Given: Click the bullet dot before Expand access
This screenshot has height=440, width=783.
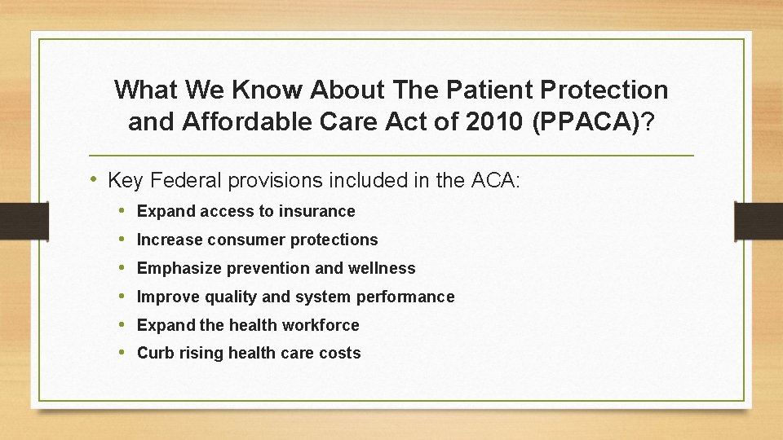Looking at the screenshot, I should click(x=122, y=211).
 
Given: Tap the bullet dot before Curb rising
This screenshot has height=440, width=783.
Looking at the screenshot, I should click(x=122, y=353).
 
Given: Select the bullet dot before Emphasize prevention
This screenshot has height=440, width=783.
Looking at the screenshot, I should click(x=122, y=268).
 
